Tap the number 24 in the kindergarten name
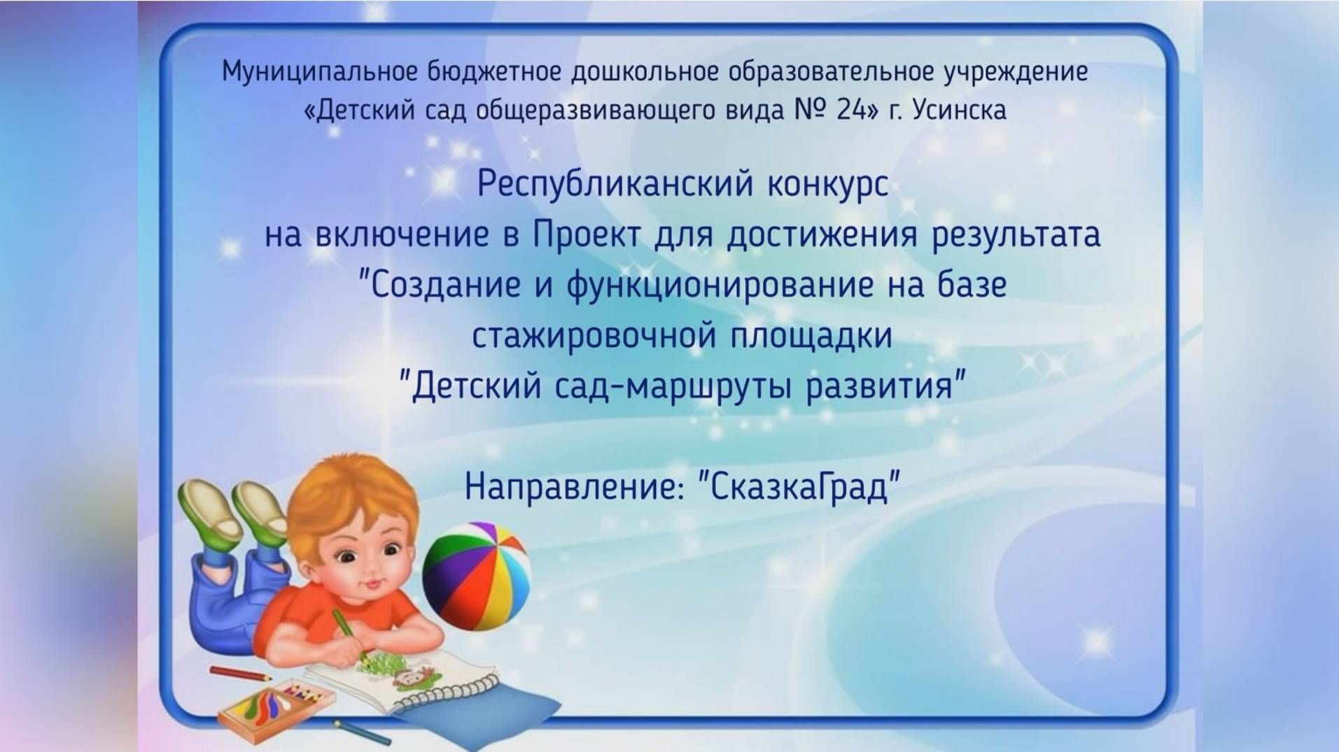(x=851, y=111)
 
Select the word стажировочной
(x=594, y=336)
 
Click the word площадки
(x=812, y=336)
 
